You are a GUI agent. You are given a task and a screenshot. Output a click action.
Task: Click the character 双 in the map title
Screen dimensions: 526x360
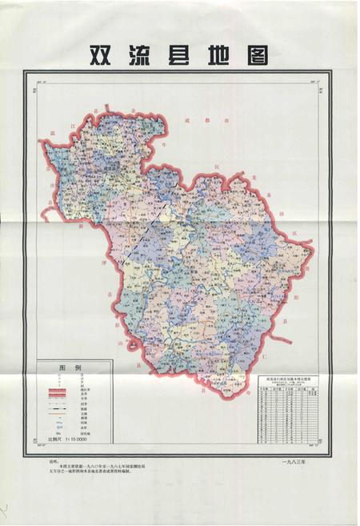(100, 54)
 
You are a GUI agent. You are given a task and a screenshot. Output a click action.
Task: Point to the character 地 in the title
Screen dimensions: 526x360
(221, 54)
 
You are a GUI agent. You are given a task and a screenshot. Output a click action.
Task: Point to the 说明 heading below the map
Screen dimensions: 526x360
(54, 462)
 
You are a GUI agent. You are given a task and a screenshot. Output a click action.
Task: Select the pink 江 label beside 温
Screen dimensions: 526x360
(71, 125)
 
